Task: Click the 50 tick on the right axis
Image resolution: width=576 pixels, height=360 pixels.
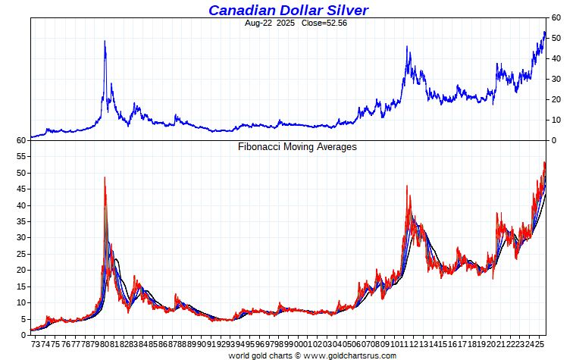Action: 556,38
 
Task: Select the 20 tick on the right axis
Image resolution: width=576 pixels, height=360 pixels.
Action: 556,99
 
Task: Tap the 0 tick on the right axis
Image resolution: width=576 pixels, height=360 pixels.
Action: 553,140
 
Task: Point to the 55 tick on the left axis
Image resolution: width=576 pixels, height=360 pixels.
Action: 22,157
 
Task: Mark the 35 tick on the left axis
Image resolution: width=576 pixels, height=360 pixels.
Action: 22,221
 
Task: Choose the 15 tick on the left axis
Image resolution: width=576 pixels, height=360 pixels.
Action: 22,286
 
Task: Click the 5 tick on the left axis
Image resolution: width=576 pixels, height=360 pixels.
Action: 24,318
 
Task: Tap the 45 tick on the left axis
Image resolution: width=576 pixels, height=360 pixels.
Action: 22,189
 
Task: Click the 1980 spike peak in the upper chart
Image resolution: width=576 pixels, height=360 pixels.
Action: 105,41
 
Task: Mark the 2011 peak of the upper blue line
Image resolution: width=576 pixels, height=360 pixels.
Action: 407,47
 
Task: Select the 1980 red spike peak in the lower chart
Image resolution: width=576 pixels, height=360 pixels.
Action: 105,177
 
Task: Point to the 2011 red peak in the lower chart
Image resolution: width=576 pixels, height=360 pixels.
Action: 407,186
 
